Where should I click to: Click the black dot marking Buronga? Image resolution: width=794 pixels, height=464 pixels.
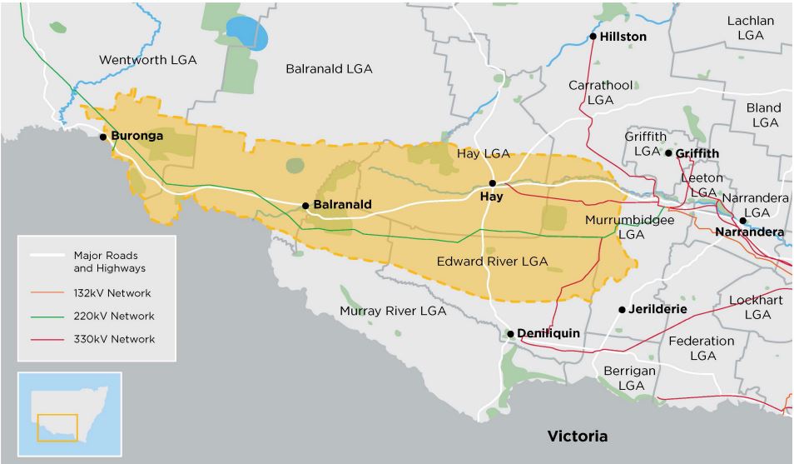[102, 136]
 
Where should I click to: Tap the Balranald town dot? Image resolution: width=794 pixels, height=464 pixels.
[305, 205]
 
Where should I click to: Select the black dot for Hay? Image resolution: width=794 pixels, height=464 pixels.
[493, 183]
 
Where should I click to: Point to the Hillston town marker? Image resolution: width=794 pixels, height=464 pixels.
[593, 37]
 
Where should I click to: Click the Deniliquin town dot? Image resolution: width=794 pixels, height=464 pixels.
[510, 333]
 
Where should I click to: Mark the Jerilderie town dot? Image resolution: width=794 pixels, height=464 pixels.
[622, 309]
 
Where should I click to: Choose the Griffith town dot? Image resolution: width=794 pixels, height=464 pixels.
[668, 153]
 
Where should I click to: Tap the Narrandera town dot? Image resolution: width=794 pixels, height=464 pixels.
[742, 221]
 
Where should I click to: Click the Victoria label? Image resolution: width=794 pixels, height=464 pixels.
[577, 436]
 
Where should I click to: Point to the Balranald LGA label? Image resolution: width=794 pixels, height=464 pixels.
[329, 68]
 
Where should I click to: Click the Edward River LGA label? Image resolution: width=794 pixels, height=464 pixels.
[492, 261]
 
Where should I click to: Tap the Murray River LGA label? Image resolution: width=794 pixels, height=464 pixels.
[393, 311]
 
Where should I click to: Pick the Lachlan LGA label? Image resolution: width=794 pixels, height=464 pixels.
[750, 27]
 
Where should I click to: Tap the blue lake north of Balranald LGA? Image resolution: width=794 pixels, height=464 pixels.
[248, 33]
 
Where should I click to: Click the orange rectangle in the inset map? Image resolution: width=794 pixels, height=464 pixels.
[57, 427]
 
